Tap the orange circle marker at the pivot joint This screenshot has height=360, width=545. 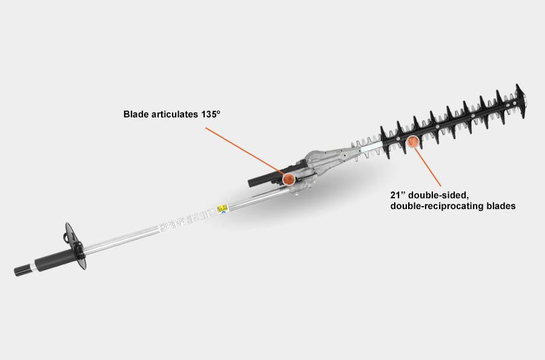click(x=288, y=179)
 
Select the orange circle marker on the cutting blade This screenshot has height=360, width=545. click(x=412, y=142)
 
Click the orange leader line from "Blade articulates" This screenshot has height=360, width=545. click(x=245, y=150)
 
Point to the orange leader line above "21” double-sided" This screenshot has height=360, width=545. click(x=428, y=167)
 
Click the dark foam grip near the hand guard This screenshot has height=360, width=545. click(x=55, y=259)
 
